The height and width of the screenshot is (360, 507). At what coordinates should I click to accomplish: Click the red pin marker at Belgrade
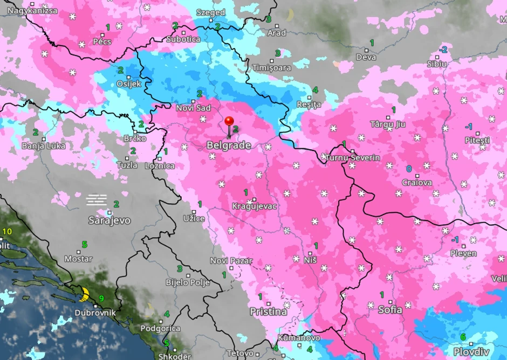229,122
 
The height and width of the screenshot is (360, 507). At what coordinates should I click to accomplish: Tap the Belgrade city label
229,146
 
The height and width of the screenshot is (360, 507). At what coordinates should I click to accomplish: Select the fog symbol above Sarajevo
97,199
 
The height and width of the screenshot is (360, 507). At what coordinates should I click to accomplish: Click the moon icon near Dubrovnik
84,294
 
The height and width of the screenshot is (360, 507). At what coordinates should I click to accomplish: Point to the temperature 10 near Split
7,232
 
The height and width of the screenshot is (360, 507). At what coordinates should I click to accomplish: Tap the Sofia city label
390,310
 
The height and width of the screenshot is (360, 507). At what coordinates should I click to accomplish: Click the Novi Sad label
193,108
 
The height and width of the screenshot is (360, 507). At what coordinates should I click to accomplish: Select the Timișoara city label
272,68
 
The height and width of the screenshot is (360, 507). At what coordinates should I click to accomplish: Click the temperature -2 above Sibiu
443,50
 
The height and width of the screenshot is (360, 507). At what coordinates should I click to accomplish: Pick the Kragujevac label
254,206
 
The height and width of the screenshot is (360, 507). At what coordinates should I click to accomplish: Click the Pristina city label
268,312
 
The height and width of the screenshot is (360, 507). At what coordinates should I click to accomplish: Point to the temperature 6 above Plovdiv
463,337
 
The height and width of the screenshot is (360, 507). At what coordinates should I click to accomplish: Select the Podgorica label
160,328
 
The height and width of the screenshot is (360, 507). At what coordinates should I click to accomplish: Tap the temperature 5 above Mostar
84,245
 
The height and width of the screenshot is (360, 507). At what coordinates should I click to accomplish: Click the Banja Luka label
44,146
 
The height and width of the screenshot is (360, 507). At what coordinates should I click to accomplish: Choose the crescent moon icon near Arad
290,15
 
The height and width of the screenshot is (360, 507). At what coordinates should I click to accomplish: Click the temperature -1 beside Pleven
455,239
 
